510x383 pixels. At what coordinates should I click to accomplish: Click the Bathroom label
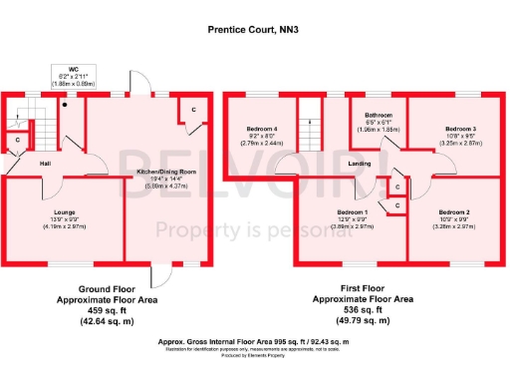pyautogui.click(x=379, y=116)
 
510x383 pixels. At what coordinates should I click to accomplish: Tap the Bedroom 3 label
pyautogui.click(x=460, y=130)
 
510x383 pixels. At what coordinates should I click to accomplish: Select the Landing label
pyautogui.click(x=360, y=164)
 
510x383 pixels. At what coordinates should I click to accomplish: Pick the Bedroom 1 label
pyautogui.click(x=352, y=211)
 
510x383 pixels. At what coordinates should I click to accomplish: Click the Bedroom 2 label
pyautogui.click(x=454, y=211)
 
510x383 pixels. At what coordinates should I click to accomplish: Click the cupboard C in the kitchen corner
pyautogui.click(x=193, y=109)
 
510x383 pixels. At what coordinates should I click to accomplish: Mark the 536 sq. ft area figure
pyautogui.click(x=363, y=309)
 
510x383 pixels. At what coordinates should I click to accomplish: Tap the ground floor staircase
pyautogui.click(x=43, y=125)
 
